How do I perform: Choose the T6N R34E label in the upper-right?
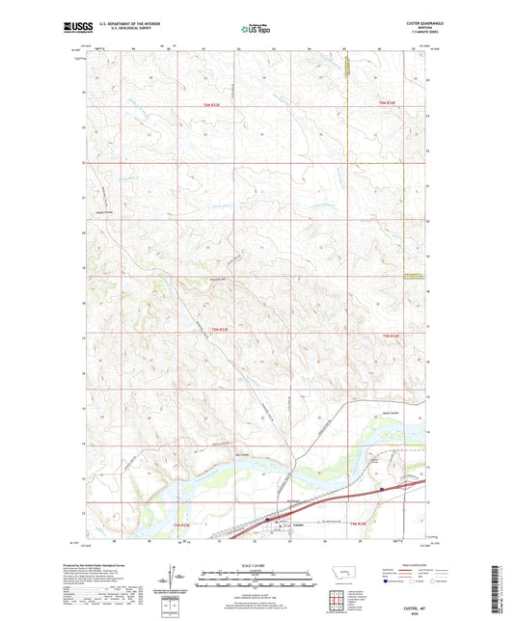[388, 103]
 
